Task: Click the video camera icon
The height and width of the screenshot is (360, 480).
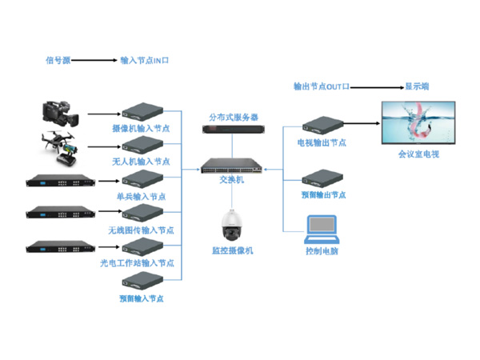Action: coord(60,116)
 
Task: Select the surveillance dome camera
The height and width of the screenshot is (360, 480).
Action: coord(232,222)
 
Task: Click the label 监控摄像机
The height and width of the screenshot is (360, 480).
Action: coord(232,250)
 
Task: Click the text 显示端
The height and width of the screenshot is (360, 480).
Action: coord(416,86)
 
